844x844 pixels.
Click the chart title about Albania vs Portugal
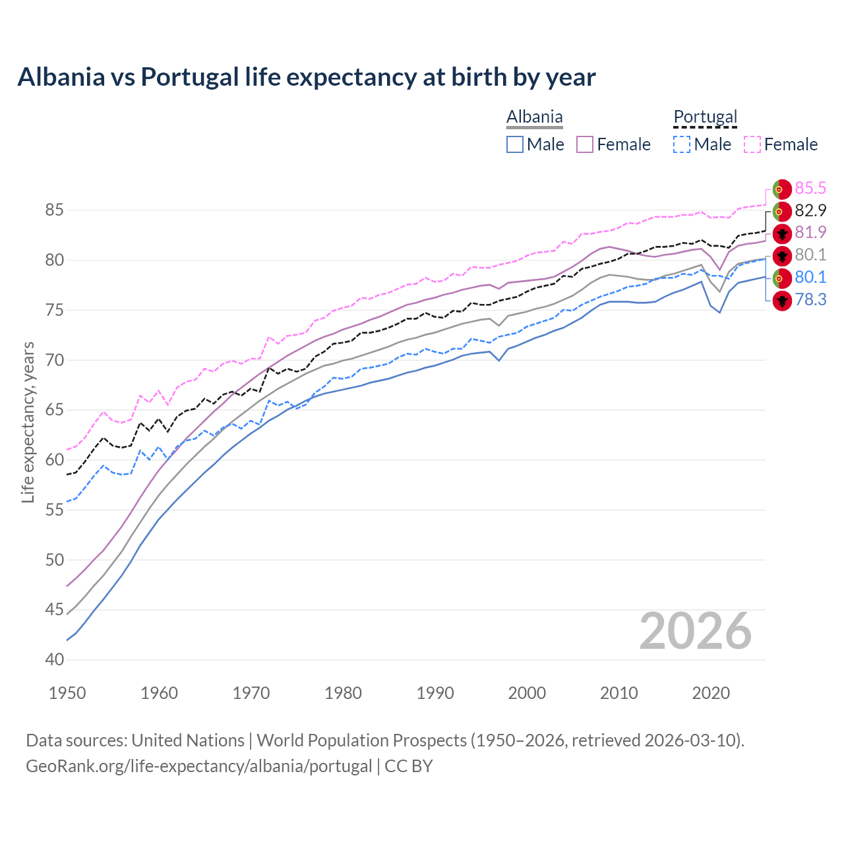click(x=307, y=77)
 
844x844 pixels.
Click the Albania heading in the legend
click(x=534, y=117)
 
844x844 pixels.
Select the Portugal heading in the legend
click(x=705, y=117)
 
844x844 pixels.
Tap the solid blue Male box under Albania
click(x=515, y=144)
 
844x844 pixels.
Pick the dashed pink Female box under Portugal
click(x=752, y=144)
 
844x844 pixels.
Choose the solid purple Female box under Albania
click(x=585, y=144)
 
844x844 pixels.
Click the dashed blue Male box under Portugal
click(x=682, y=144)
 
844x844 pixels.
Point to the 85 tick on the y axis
click(x=54, y=210)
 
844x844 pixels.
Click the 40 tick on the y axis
click(x=54, y=659)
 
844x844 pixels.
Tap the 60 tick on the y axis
click(x=54, y=460)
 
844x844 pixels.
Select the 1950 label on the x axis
click(x=67, y=693)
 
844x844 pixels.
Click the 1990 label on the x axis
click(x=435, y=693)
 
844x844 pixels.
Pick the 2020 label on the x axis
click(x=711, y=693)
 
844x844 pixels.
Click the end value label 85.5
click(x=810, y=189)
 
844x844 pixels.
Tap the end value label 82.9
click(x=810, y=211)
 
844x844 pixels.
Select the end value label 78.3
click(x=810, y=300)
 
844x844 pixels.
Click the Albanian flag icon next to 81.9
click(x=782, y=233)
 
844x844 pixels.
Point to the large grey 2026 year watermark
click(x=695, y=632)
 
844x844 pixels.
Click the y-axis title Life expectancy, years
click(x=28, y=422)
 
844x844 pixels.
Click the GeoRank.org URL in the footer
click(x=198, y=766)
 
